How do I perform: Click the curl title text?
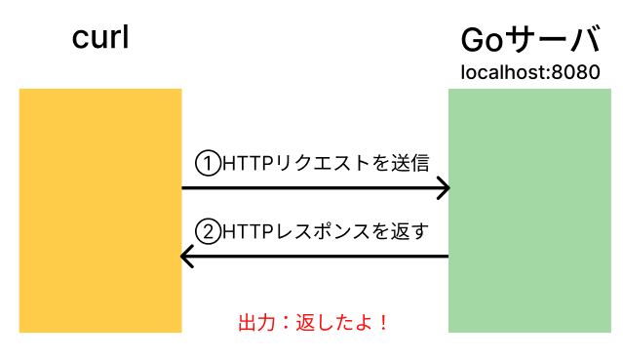100,38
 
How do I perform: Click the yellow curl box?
100,210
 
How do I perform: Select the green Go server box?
529,210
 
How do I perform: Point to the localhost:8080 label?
529,72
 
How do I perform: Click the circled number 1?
208,161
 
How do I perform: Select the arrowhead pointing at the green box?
442,187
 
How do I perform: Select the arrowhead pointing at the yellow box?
188,258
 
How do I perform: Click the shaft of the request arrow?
312,187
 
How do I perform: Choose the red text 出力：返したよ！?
313,322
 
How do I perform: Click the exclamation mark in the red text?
382,322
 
